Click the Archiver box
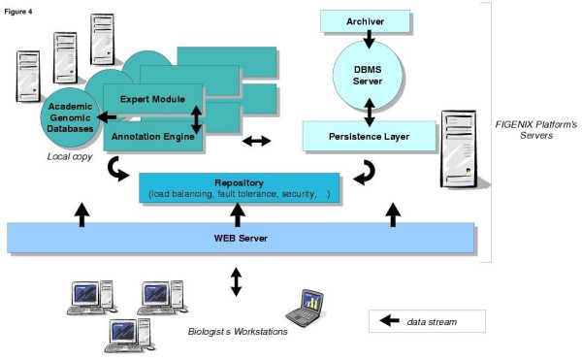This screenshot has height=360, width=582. tap(365, 21)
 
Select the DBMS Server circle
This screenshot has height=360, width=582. tap(368, 76)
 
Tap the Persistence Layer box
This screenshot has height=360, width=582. tap(369, 136)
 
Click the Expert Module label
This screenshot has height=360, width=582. tap(152, 99)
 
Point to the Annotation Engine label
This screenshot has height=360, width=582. tap(153, 137)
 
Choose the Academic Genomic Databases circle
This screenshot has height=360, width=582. tap(71, 117)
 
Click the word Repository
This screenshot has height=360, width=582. tap(239, 183)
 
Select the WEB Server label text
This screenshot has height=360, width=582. tap(241, 238)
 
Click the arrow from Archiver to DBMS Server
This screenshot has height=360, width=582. tap(369, 40)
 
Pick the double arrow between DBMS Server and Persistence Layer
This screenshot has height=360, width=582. tap(369, 113)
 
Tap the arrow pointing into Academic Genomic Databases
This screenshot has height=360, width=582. tap(107, 117)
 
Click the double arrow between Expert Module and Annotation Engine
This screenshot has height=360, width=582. tap(196, 119)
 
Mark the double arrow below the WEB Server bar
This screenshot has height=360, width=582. tap(236, 282)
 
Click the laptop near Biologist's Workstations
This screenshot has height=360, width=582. tap(306, 308)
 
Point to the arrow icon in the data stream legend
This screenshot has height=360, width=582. tap(390, 320)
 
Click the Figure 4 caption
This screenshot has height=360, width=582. tap(18, 12)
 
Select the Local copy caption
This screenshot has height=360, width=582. tap(70, 156)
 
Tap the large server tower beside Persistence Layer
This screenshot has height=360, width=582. tap(461, 149)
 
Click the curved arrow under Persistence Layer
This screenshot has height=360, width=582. tap(366, 173)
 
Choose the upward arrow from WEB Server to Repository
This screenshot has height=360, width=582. tap(238, 214)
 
